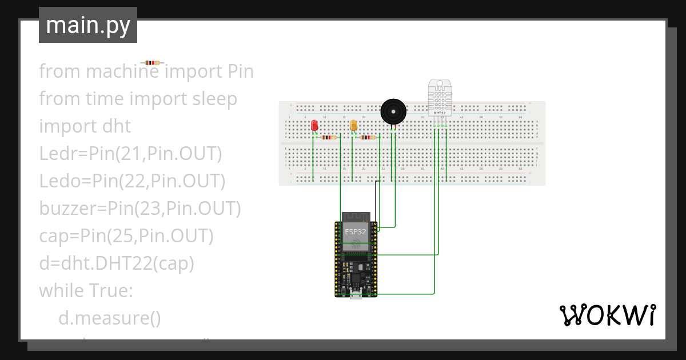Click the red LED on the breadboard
pyautogui.click(x=314, y=126)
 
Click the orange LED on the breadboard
pyautogui.click(x=354, y=126)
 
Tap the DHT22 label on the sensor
pyautogui.click(x=440, y=113)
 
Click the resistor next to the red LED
pyautogui.click(x=329, y=137)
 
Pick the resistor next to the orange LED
pyautogui.click(x=368, y=137)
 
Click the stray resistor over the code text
pyautogui.click(x=152, y=62)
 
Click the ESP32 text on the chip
pyautogui.click(x=356, y=231)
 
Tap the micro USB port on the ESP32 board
pyautogui.click(x=356, y=295)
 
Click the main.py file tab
pyautogui.click(x=88, y=25)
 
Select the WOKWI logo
pyautogui.click(x=607, y=315)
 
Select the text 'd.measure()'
pyautogui.click(x=109, y=318)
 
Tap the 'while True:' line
pyautogui.click(x=86, y=291)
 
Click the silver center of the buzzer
pyautogui.click(x=393, y=111)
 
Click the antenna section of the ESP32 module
pyautogui.click(x=356, y=217)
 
